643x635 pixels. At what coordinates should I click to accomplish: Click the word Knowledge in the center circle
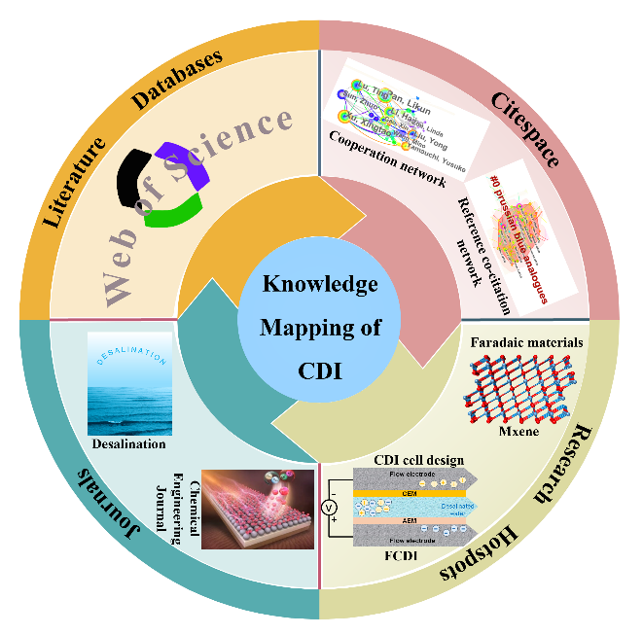321,284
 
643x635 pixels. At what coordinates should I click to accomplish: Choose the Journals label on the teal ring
90,495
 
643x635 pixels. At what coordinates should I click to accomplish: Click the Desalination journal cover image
129,384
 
